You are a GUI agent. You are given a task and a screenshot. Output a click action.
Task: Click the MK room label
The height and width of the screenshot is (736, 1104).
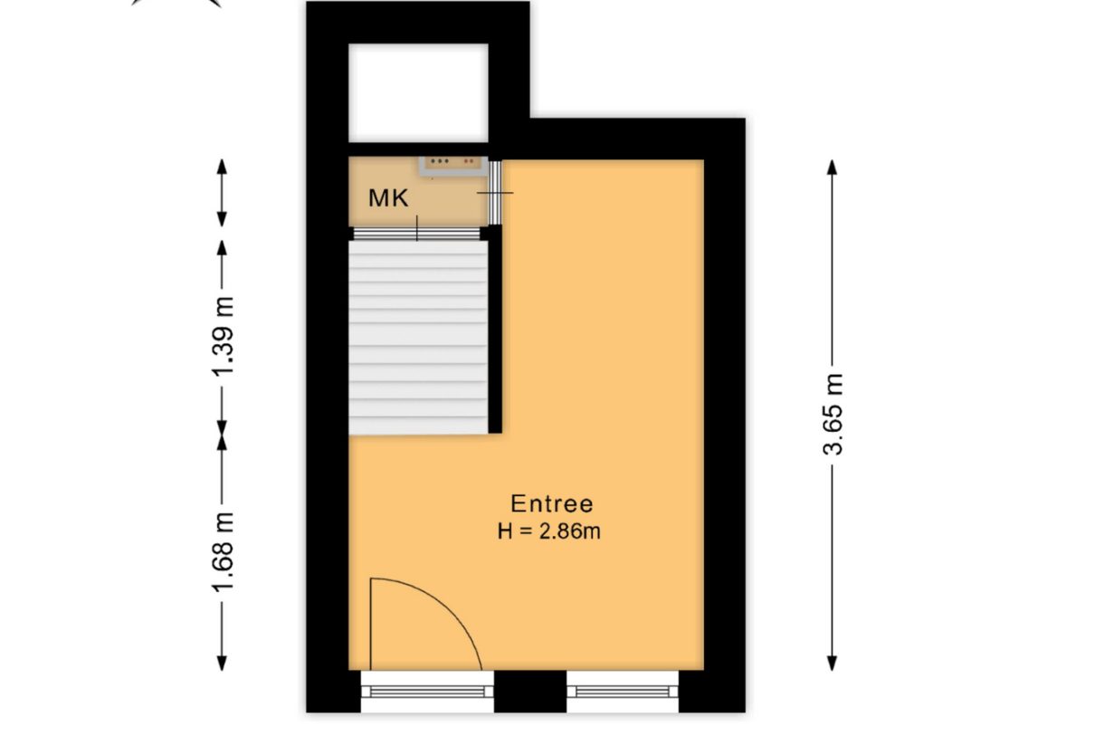tap(387, 198)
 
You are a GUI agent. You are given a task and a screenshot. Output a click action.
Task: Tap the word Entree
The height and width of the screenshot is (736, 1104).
tap(552, 504)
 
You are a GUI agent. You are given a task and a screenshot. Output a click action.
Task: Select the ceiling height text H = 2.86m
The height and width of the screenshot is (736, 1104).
tap(549, 531)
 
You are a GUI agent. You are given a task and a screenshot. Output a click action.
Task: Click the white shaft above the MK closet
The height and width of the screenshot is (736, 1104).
tap(418, 92)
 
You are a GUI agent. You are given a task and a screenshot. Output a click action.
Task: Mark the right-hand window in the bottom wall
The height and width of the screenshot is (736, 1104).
tap(623, 692)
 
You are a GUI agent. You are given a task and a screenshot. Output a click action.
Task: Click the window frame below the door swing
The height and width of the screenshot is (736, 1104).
tap(427, 692)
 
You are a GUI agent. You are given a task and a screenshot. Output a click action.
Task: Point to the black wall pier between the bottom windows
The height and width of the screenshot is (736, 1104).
tap(530, 692)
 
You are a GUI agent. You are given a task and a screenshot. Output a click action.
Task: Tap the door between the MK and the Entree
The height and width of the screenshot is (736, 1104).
tap(495, 194)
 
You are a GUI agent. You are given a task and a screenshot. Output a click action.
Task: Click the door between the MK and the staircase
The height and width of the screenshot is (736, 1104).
tap(416, 233)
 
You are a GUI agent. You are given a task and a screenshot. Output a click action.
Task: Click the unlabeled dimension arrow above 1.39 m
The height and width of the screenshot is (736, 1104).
tap(223, 194)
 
